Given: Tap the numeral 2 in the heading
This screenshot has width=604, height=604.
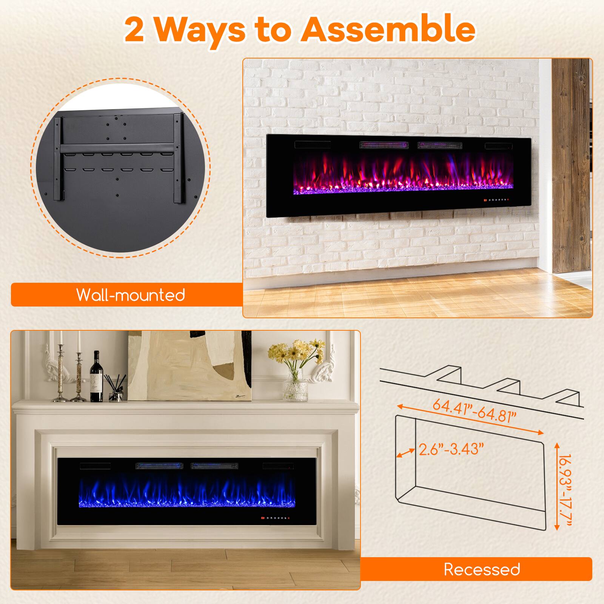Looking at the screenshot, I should tap(137, 30).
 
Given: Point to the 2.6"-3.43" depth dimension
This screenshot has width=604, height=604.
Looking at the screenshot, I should tap(451, 450).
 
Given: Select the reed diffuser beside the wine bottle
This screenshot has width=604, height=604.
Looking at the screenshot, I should tap(115, 389).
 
